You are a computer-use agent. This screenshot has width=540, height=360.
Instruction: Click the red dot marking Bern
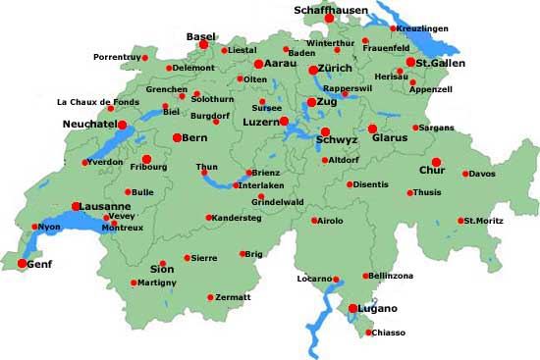(x=177, y=138)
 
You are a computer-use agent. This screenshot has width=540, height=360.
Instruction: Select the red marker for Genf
(x=22, y=263)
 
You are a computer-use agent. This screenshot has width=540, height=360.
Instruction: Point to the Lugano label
(x=377, y=309)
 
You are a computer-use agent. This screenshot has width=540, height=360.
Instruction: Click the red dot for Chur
(x=436, y=163)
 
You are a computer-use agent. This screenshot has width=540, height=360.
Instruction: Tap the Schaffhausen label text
(x=331, y=10)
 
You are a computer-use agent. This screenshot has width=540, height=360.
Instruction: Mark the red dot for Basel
(x=203, y=44)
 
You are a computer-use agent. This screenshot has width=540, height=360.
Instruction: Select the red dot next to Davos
(x=465, y=174)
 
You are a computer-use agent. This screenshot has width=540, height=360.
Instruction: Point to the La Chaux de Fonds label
(x=104, y=101)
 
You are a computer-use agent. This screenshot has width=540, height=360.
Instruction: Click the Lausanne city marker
(x=76, y=206)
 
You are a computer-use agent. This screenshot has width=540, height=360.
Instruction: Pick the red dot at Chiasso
(x=368, y=333)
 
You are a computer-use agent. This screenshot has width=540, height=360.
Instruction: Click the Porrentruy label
(x=118, y=58)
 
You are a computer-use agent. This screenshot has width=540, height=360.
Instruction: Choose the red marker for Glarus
(x=372, y=129)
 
